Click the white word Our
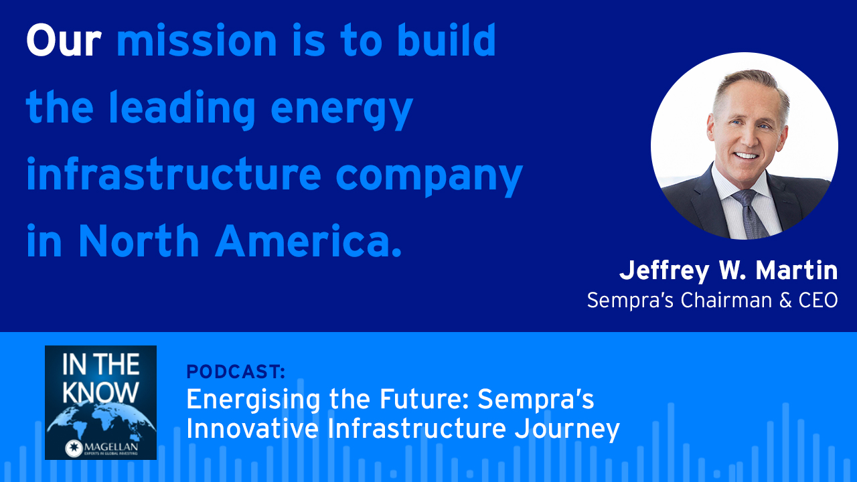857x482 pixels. (64, 41)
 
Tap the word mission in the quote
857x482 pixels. (196, 39)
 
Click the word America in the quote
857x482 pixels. (309, 241)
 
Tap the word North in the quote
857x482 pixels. (139, 240)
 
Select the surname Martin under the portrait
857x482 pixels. (797, 270)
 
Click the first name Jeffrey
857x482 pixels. (664, 272)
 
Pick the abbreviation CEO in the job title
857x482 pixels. (818, 301)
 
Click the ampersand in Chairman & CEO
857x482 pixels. (785, 301)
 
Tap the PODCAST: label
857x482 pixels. (236, 372)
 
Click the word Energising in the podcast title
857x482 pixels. (253, 400)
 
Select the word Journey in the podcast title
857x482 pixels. (566, 429)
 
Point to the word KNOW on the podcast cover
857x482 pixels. (100, 392)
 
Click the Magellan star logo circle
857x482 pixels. (74, 448)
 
